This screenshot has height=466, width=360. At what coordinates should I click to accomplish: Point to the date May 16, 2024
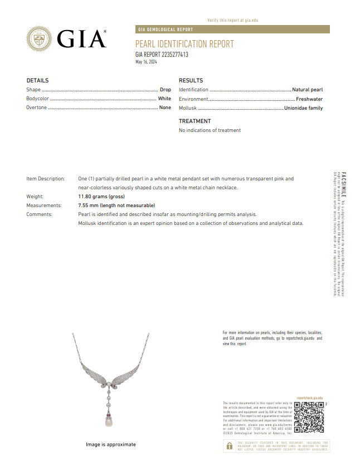147,62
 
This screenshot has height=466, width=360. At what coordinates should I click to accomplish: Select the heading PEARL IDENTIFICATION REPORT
184,44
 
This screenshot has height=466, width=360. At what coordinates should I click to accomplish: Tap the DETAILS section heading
37,81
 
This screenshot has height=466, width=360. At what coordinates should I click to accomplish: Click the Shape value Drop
165,90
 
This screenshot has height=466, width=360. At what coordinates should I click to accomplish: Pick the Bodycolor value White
164,99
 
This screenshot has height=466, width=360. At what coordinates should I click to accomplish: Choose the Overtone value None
165,107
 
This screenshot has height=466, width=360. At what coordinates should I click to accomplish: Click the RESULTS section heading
191,81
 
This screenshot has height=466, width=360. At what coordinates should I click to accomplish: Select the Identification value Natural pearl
308,90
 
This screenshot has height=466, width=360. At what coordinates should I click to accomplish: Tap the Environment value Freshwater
309,99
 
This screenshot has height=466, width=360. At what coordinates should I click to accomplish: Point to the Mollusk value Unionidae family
304,108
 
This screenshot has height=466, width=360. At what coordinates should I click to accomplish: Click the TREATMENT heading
194,121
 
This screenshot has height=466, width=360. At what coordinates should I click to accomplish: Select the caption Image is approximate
110,445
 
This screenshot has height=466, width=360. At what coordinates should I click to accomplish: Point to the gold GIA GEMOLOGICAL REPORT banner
232,30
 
